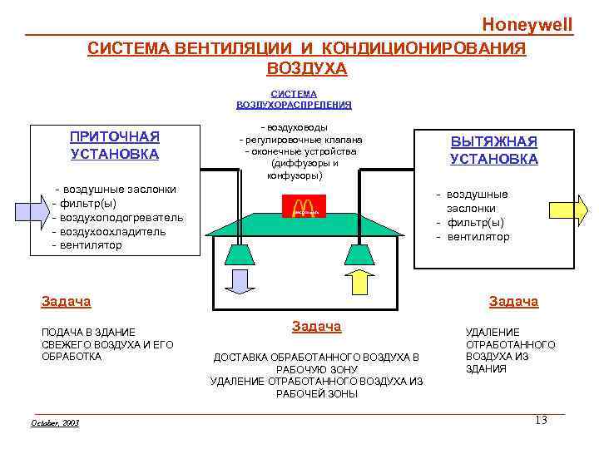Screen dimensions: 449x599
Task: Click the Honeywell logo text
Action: (x=527, y=24)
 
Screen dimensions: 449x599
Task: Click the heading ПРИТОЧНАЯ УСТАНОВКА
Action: (x=115, y=145)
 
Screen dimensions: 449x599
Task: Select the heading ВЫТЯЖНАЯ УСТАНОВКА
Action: (x=493, y=150)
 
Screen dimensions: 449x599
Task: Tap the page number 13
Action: (x=541, y=421)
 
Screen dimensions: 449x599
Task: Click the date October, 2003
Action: (x=55, y=423)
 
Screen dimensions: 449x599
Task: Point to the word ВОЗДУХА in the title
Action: (x=307, y=68)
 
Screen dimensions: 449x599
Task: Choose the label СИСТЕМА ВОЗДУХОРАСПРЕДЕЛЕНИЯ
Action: (x=294, y=100)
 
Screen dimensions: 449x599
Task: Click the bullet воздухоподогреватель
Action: (x=120, y=218)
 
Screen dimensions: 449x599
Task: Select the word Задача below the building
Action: (x=316, y=327)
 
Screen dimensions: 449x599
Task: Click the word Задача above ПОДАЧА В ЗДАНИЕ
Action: (x=66, y=302)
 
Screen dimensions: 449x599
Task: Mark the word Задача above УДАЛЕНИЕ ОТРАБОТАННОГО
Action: (x=513, y=302)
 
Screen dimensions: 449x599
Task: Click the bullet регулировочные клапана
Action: (x=303, y=140)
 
